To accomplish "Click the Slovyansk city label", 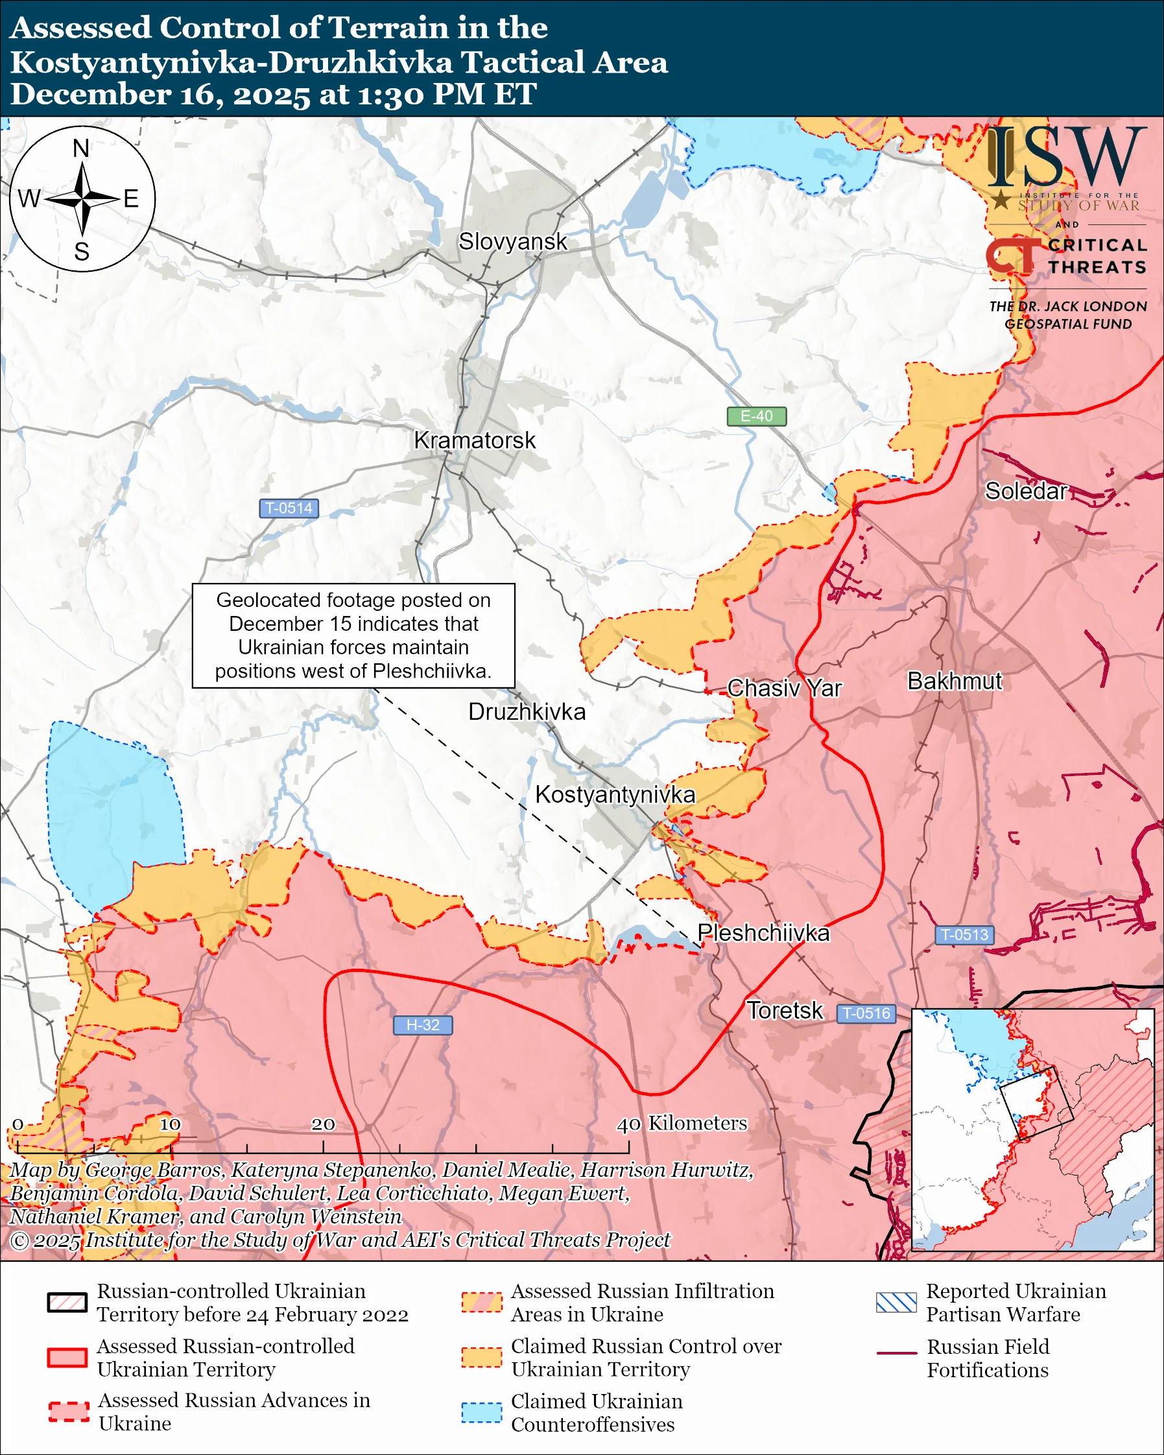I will point(513,242).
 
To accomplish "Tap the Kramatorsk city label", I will point(475,441).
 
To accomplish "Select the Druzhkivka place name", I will point(527,712).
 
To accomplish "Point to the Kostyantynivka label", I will point(615,794).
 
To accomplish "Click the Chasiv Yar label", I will point(784,689).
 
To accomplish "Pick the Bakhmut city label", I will point(954,681).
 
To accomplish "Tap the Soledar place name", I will point(1026,491).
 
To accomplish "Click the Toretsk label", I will point(784,1010).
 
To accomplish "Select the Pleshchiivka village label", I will point(763,932).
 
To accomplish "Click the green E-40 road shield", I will point(756,416).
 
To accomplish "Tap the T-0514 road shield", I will point(289,508).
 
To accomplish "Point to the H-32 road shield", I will point(422,1025).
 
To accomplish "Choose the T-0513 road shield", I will point(964,935).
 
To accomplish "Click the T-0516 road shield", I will point(866,1013).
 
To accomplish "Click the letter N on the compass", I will point(81,148).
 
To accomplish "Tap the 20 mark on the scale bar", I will point(323,1124).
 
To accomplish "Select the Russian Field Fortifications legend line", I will point(896,1354).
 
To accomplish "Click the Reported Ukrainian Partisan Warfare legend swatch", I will point(896,1303).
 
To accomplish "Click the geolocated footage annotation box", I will point(353,635).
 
